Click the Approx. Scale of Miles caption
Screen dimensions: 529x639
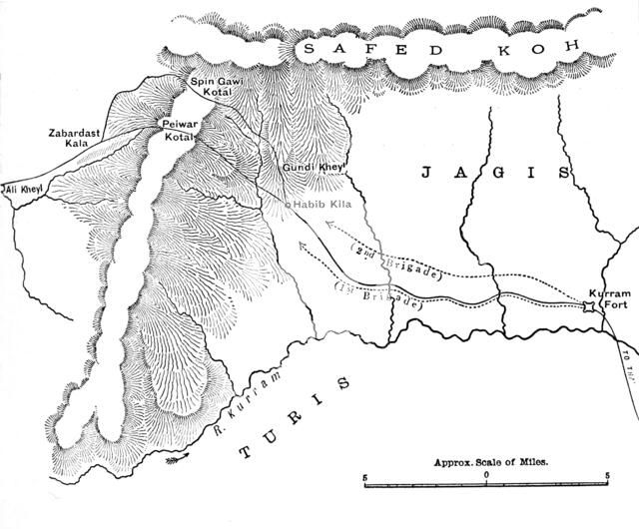pos(494,464)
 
